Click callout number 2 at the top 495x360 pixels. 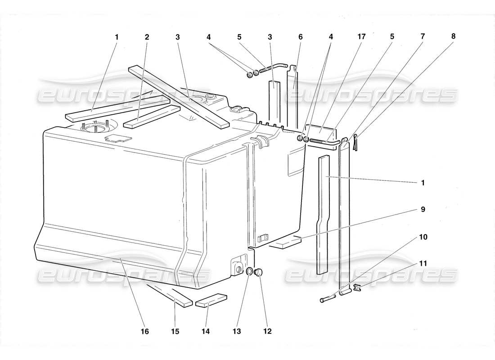click(x=147, y=37)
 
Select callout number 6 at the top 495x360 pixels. click(x=300, y=37)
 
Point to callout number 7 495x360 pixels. click(x=423, y=37)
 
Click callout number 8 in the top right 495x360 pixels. click(x=453, y=37)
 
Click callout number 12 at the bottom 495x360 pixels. click(x=268, y=332)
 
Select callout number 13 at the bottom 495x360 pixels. click(x=237, y=332)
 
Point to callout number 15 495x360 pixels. click(x=175, y=332)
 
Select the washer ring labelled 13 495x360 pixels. click(x=249, y=272)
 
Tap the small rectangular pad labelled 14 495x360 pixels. click(x=211, y=301)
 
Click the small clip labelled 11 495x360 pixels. click(x=357, y=288)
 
